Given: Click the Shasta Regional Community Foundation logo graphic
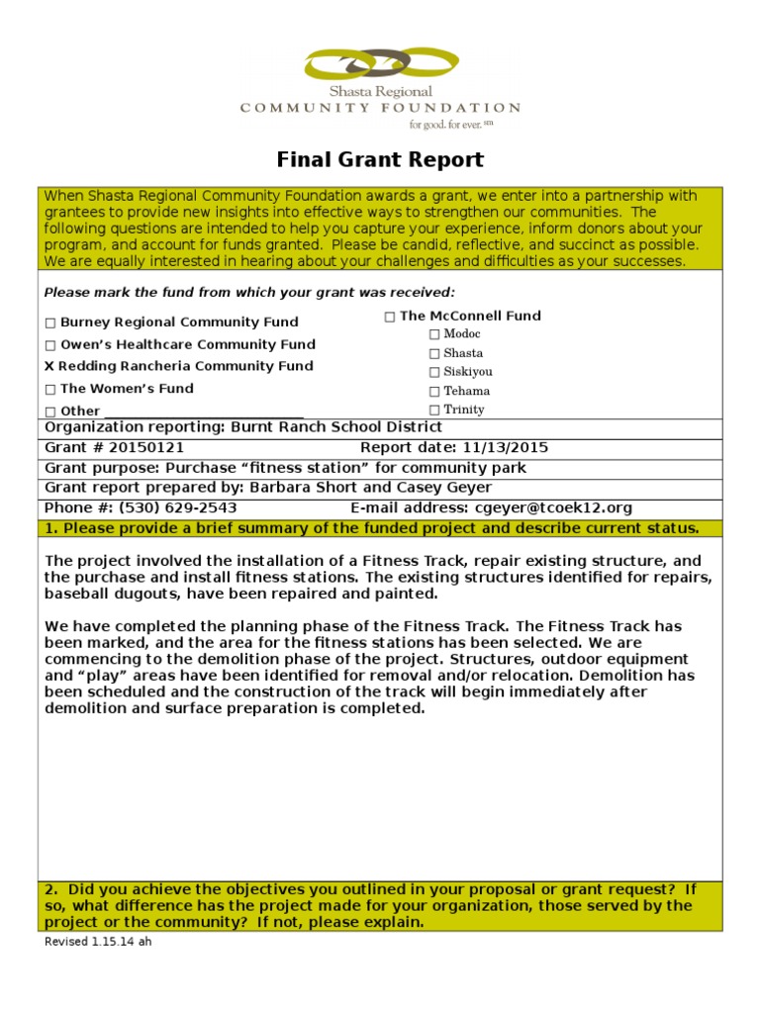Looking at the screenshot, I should pos(381,65).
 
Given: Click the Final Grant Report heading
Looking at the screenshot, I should pos(380,159).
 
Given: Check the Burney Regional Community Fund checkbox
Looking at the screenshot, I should pos(50,322).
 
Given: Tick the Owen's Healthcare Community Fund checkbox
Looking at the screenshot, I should pos(50,345).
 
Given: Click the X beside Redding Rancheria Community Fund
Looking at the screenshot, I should pos(49,366).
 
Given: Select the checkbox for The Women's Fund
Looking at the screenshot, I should pos(50,390).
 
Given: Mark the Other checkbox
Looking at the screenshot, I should pos(50,412).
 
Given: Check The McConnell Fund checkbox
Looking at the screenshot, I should pos(390,317).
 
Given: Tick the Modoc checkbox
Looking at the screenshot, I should pos(433,334).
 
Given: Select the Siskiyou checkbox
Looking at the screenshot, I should pos(433,372).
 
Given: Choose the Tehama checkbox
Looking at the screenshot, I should pos(433,391).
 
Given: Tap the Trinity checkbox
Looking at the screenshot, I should pos(433,410).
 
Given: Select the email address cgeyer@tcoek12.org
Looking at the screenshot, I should pos(553,507).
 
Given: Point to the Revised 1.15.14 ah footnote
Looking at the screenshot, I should pos(98,942).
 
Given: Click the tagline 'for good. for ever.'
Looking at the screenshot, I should pos(444,125).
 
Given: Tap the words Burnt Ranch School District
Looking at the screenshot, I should pos(336,427).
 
